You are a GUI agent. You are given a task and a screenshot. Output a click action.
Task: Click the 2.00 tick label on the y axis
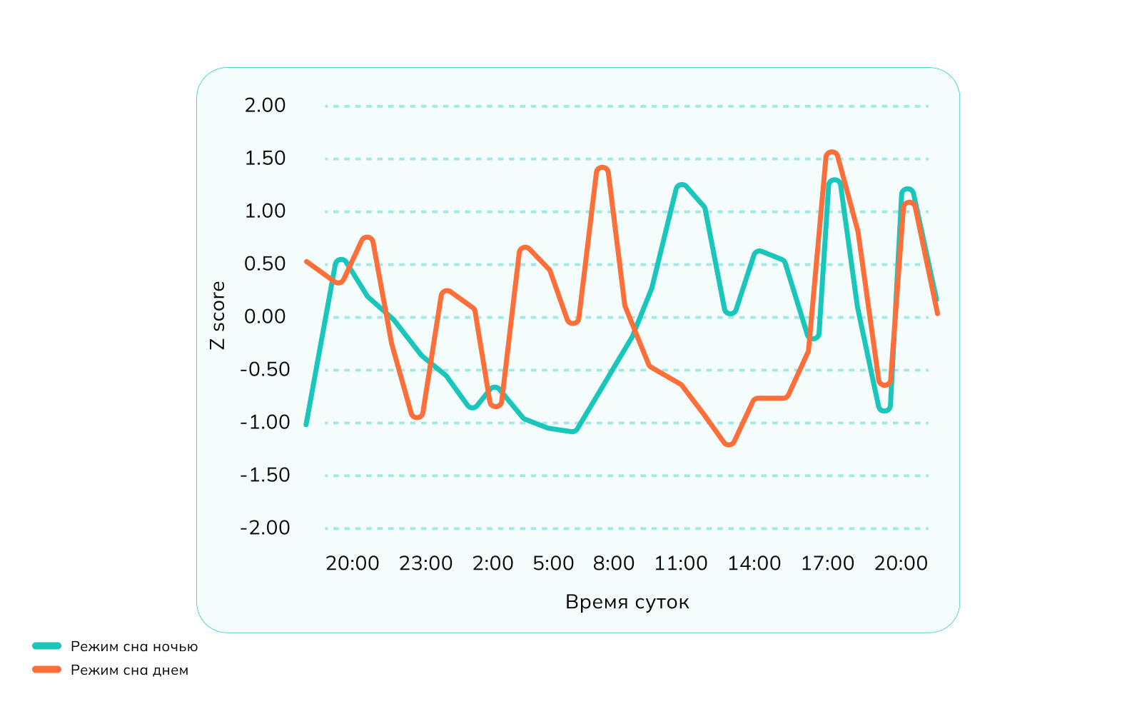click(x=265, y=106)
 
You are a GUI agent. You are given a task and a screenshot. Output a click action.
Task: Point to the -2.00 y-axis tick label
click(x=265, y=528)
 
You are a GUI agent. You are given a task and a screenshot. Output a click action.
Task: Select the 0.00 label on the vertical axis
click(x=265, y=317)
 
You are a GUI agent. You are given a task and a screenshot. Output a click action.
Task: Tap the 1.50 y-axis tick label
click(x=265, y=159)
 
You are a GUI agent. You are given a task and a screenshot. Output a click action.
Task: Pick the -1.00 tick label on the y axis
click(x=265, y=423)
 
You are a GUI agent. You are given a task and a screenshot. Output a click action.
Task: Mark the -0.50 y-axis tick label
click(x=265, y=370)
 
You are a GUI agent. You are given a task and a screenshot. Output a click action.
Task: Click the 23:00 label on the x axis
click(x=425, y=563)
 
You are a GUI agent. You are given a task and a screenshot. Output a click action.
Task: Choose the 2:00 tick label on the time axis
click(x=492, y=563)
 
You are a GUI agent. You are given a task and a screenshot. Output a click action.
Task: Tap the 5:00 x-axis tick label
click(x=553, y=563)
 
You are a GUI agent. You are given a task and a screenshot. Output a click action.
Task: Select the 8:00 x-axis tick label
click(x=614, y=563)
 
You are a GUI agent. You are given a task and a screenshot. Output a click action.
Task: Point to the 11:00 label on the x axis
click(x=681, y=563)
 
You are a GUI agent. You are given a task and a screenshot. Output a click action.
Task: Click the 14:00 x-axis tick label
click(x=754, y=563)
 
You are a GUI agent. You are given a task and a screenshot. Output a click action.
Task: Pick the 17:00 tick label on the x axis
click(x=827, y=563)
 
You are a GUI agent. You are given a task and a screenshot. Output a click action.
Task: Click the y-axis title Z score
click(x=218, y=315)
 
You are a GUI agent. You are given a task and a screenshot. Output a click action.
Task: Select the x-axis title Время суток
click(x=627, y=602)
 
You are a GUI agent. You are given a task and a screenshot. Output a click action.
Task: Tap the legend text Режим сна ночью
click(x=134, y=647)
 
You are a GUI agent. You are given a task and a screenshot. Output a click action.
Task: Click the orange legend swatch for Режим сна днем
click(x=47, y=670)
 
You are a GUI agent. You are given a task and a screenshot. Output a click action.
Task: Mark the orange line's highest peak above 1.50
click(x=831, y=153)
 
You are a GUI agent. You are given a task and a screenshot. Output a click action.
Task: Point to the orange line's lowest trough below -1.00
click(x=729, y=444)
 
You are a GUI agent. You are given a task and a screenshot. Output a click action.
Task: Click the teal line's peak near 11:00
click(x=681, y=186)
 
